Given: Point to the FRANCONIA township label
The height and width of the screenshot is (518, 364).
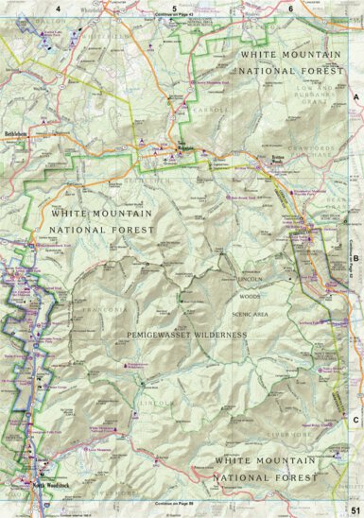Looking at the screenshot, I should tap(105, 310).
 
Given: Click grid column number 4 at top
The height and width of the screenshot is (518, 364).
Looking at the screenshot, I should tap(58, 8).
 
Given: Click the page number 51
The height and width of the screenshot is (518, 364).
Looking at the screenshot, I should tap(355, 510).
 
